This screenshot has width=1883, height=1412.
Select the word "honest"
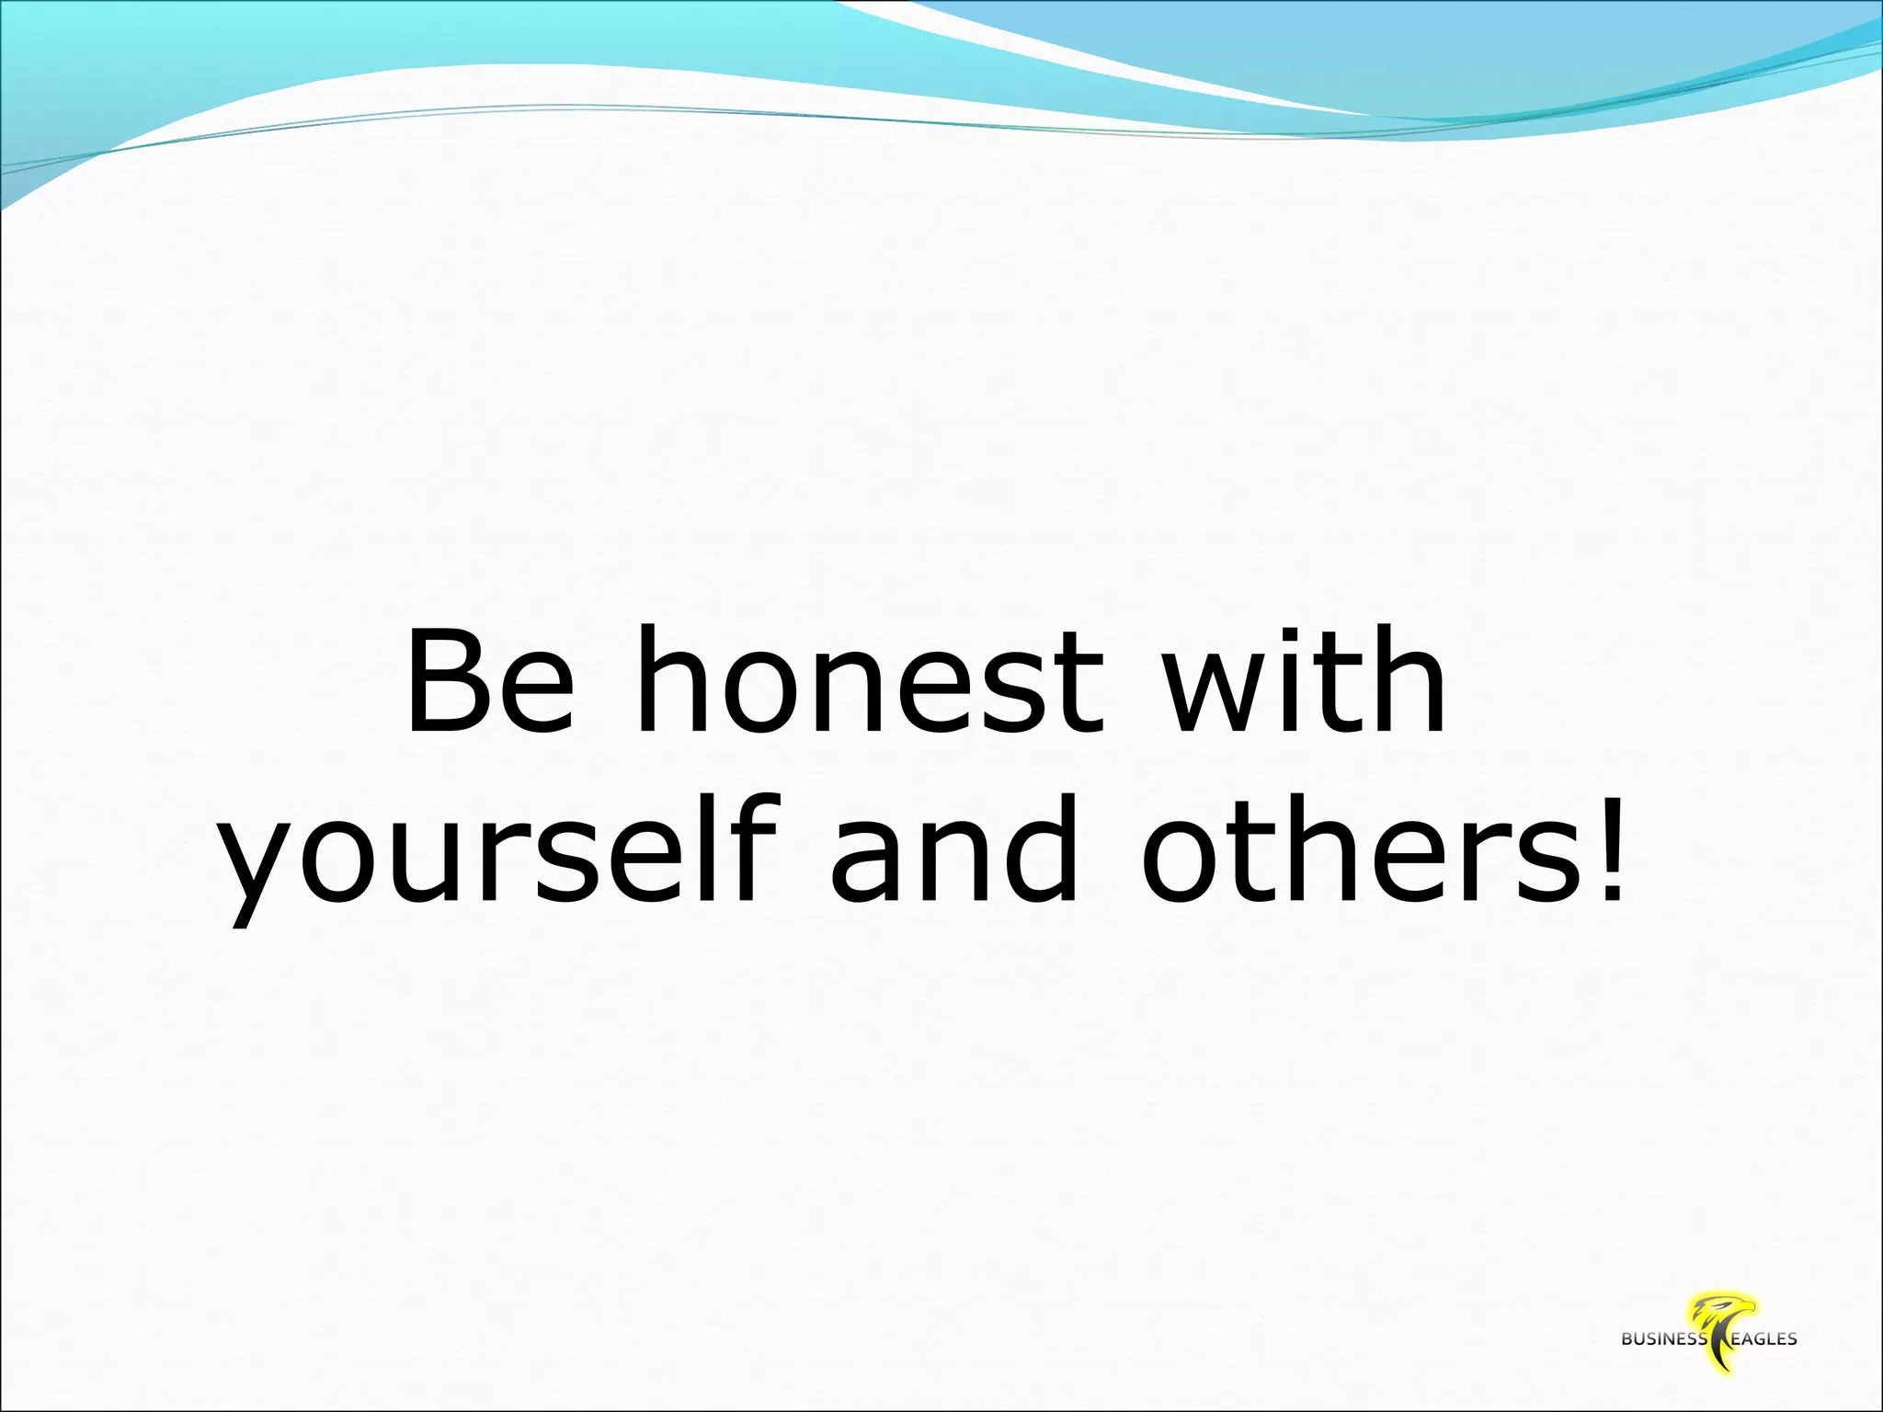pyautogui.click(x=868, y=681)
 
